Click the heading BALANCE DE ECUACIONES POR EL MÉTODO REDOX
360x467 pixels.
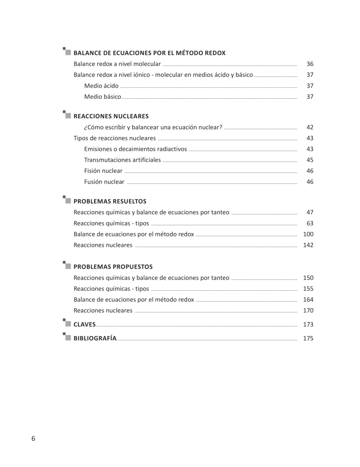149,53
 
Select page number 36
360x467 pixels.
310,64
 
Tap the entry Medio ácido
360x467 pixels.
101,86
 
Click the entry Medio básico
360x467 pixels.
102,97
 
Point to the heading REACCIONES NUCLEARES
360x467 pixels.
111,116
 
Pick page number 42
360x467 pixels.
310,127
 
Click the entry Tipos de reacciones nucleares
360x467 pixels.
114,138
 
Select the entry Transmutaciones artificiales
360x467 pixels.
122,160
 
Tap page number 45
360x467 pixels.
310,160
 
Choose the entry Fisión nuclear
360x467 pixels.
103,170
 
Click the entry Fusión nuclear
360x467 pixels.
104,181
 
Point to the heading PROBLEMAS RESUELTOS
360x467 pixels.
110,201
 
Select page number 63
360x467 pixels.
310,223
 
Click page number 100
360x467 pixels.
308,234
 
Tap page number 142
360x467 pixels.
308,245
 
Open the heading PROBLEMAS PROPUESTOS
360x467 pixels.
113,267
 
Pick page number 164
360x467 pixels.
308,299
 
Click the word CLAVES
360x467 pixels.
84,324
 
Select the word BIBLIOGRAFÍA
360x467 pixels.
95,338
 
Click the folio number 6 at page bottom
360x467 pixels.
33,439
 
